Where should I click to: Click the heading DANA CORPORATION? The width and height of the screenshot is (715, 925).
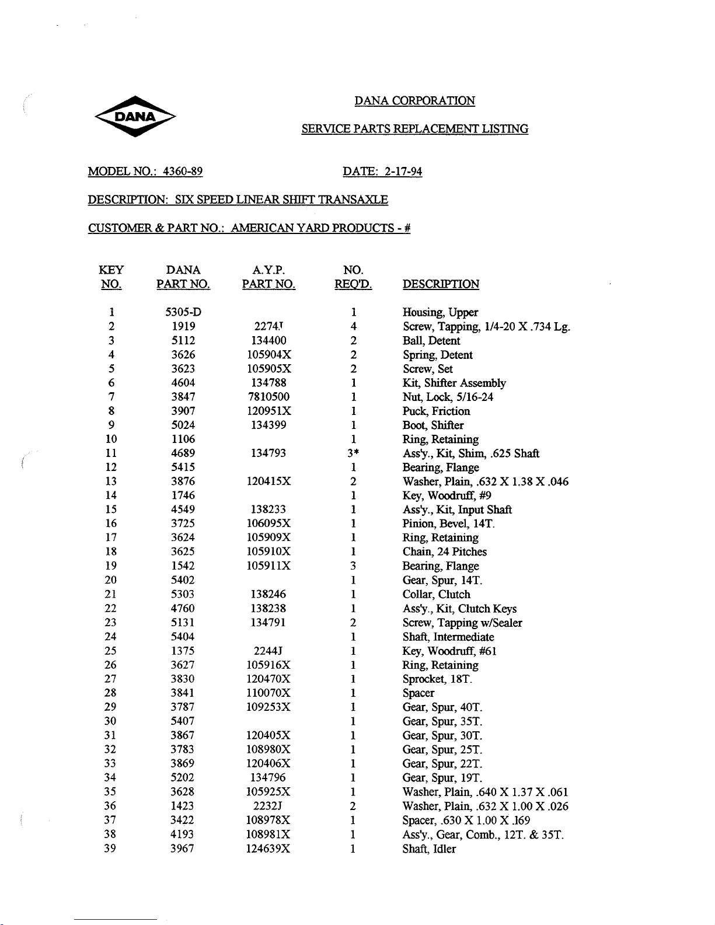[x=414, y=101]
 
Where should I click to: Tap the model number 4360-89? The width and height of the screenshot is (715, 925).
[x=183, y=172]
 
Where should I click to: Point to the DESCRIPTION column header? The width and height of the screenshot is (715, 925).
[x=441, y=284]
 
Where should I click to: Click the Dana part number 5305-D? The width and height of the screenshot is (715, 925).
[x=183, y=312]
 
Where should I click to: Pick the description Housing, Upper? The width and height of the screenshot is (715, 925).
[x=440, y=312]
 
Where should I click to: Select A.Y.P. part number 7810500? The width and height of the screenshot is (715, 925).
[x=268, y=397]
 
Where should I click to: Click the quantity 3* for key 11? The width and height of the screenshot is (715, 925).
[x=353, y=453]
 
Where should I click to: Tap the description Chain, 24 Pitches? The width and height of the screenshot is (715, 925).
[x=444, y=551]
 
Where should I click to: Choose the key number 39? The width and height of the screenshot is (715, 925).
[x=110, y=849]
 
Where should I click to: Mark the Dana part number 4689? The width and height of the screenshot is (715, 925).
[x=183, y=453]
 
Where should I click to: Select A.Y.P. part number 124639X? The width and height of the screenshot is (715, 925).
[x=268, y=849]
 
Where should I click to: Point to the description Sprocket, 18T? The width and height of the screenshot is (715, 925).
[x=437, y=679]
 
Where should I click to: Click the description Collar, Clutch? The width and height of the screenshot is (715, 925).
[x=436, y=594]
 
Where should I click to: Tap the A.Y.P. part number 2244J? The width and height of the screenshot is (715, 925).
[x=268, y=651]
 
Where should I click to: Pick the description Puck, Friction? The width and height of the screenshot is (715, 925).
[x=436, y=411]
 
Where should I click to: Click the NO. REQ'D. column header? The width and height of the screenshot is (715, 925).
[x=353, y=277]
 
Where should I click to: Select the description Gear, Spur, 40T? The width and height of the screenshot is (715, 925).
[x=442, y=707]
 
